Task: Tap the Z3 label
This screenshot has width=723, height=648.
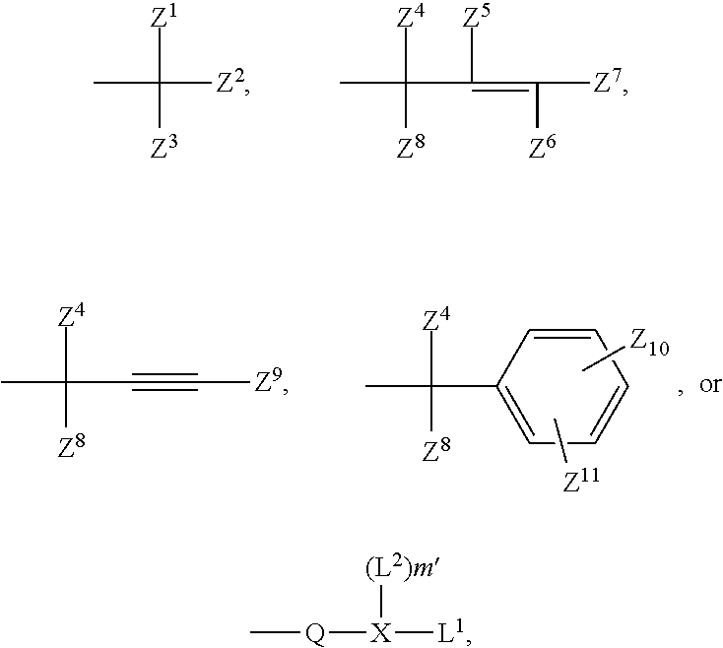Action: pos(164,149)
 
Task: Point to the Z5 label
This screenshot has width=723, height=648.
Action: pos(476,19)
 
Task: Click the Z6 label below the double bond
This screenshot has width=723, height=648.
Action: pos(543,149)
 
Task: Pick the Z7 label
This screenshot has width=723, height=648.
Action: pos(607,84)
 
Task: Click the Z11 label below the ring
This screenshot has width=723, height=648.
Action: pos(581,482)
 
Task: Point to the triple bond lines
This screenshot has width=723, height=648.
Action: pos(167,381)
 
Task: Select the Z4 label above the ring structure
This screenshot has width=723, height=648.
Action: pos(436,320)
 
